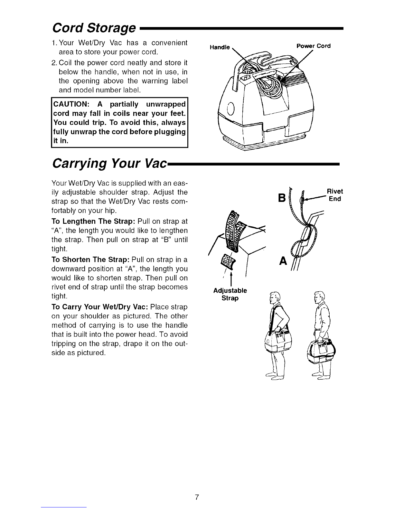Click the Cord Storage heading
point(94,28)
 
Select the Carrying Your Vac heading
point(109,163)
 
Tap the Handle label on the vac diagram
point(220,47)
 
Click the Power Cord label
point(314,46)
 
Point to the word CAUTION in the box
point(70,104)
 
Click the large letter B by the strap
point(282,198)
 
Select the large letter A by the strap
point(283,261)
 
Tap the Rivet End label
point(335,195)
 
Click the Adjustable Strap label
point(230,294)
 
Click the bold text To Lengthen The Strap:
point(93,221)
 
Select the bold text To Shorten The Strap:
point(90,260)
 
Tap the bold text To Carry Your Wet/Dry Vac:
point(100,307)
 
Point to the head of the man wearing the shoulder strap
point(275,297)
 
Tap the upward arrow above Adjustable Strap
point(231,279)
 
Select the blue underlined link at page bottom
point(64,507)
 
